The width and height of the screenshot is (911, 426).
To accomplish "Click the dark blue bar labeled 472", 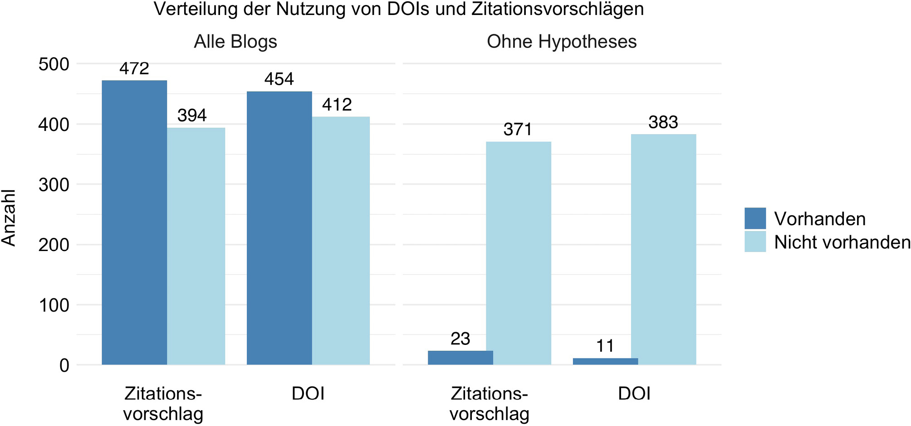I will point(134,222).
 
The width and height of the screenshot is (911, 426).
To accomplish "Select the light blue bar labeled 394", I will point(196,246).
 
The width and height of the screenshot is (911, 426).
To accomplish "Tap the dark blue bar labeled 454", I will point(279,228).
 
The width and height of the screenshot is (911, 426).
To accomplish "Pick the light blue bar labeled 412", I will point(341,241).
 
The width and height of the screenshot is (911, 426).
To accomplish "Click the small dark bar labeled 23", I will point(460,358).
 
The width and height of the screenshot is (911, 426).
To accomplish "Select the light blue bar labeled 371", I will point(518,253).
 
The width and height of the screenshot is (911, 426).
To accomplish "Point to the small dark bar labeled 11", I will point(605,361).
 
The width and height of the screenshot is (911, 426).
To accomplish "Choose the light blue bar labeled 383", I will point(663,249).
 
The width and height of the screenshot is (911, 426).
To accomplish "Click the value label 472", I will point(134,68).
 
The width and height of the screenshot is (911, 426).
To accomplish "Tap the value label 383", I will point(663,122).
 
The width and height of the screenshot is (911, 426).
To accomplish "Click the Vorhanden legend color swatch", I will point(755,218).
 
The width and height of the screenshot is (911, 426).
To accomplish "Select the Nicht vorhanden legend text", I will point(842,242).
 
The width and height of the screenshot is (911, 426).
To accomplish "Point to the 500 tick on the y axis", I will point(54,64).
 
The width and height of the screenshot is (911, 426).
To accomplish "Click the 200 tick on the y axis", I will point(54,245).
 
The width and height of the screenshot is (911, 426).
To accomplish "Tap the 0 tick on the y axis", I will point(64,366).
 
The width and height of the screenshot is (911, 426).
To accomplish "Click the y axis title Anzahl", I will point(9,218).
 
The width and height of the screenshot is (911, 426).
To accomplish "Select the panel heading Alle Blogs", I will point(235,42).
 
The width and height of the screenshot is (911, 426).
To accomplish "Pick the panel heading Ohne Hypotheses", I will point(562,42).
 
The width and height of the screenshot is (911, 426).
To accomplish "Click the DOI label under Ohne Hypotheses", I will point(634,394).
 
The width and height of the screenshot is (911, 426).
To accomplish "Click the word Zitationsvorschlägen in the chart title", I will point(558,9).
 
